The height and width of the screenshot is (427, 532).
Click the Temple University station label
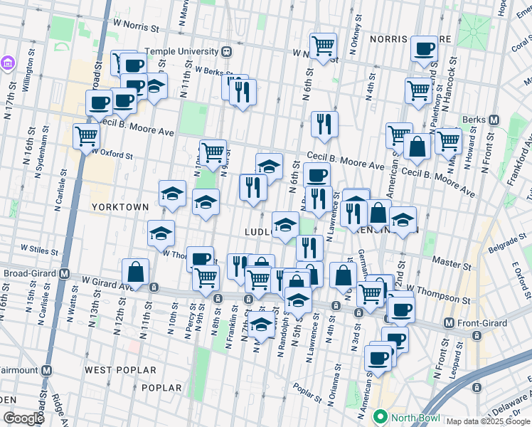click(181, 51)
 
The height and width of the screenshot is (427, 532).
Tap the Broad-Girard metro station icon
click(65, 273)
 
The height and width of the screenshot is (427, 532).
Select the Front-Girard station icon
click(448, 322)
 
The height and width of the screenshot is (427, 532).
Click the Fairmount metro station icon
click(47, 370)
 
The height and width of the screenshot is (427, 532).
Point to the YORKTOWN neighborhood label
click(120, 206)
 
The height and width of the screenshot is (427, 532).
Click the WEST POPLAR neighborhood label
click(119, 370)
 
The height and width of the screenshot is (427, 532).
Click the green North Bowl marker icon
click(381, 418)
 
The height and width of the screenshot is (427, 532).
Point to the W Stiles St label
click(38, 249)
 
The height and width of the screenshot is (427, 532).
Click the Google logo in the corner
click(23, 418)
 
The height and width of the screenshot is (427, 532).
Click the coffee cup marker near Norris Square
click(424, 49)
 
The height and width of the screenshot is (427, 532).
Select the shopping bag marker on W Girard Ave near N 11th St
click(134, 272)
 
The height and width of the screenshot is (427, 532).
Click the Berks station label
click(473, 119)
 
